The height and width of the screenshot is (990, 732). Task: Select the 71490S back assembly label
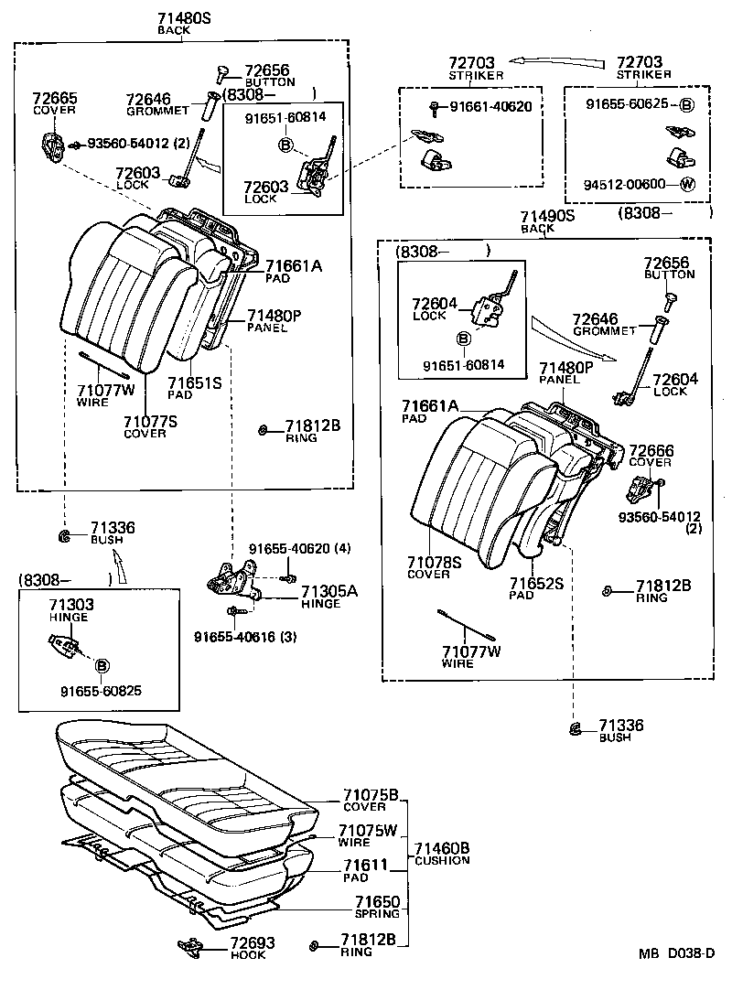(547, 216)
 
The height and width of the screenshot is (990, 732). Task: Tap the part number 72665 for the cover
(55, 98)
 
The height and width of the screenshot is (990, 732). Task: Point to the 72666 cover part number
(651, 450)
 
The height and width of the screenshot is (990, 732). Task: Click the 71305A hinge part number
(329, 590)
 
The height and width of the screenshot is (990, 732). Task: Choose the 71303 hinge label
(70, 605)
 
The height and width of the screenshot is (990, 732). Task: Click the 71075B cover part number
(370, 795)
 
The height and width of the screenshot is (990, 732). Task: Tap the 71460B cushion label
(442, 848)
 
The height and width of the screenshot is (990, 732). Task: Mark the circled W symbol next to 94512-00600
(688, 183)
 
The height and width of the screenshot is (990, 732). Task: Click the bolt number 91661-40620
(490, 107)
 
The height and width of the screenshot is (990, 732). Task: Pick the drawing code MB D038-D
(675, 953)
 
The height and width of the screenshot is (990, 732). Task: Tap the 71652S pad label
(535, 582)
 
